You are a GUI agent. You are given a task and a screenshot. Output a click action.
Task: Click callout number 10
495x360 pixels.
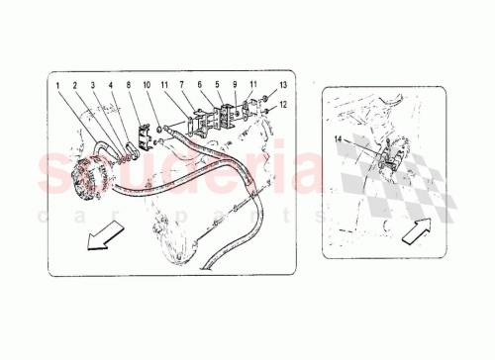pyautogui.click(x=148, y=86)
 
